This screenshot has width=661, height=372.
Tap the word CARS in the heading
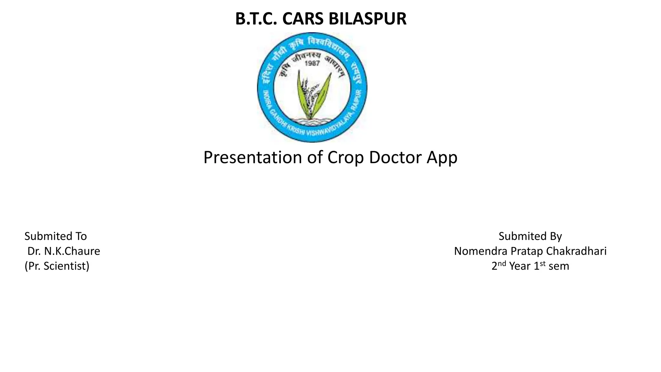pos(303,19)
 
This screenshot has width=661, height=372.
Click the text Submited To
pos(56,236)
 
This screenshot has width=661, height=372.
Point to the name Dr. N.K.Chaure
pos(64,251)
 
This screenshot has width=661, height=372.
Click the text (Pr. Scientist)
pos(57,266)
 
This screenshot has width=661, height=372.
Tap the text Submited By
pos(530,236)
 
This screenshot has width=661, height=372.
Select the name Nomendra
pos(480,251)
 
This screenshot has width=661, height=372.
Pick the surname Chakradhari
pos(576,251)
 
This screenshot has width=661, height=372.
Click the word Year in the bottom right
pos(520,266)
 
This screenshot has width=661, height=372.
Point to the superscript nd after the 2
pos(502,263)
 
